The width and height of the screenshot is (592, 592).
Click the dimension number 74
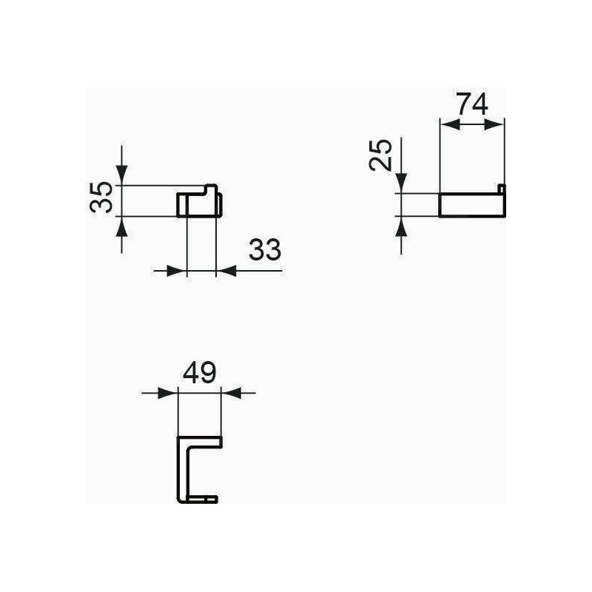click(x=472, y=104)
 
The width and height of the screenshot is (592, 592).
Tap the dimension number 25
click(x=381, y=155)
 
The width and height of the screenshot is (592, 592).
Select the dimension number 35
click(x=101, y=197)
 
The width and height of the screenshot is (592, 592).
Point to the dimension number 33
click(x=265, y=249)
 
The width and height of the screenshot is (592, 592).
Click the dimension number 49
click(x=199, y=373)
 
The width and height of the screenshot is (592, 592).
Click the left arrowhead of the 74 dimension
click(x=450, y=124)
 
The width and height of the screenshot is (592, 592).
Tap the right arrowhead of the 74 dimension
click(x=494, y=124)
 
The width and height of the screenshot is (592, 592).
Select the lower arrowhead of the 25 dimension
click(x=401, y=226)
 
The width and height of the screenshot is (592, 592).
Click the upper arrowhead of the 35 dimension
click(x=121, y=175)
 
